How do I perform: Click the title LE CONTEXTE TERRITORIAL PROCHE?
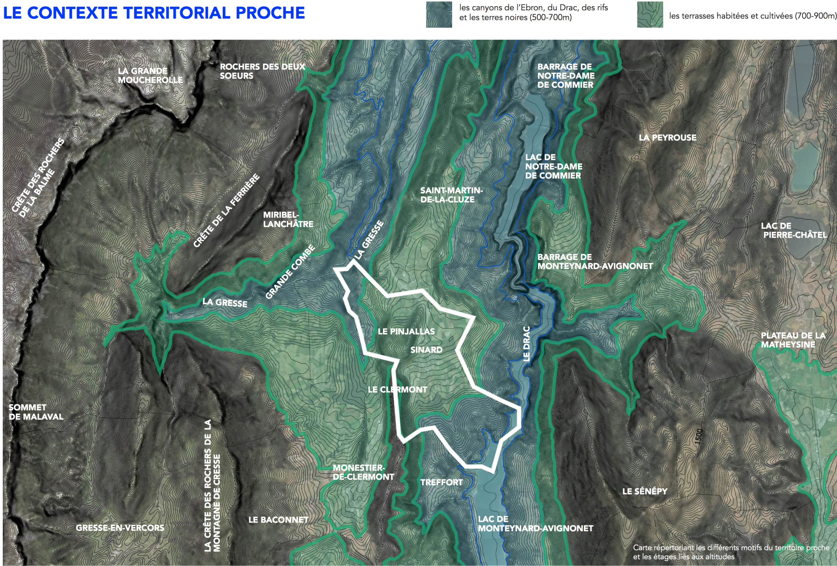tap(154, 13)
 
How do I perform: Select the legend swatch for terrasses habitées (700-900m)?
tap(650, 15)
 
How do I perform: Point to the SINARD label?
tap(426, 350)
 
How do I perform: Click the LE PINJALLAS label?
tap(406, 331)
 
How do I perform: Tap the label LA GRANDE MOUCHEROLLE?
tap(150, 75)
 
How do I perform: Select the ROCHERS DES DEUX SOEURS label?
tap(262, 71)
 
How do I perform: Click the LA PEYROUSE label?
tap(667, 138)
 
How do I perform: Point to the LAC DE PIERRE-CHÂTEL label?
tap(793, 230)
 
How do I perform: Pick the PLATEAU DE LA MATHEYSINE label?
tap(793, 340)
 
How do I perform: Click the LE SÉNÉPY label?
tap(645, 491)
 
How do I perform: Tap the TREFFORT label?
tap(441, 482)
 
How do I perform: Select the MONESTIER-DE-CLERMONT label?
tap(363, 472)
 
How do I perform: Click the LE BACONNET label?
tap(278, 520)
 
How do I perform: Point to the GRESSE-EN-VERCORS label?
tap(120, 528)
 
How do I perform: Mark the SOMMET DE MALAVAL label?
tap(36, 412)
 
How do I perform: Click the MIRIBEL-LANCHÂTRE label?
tap(288, 219)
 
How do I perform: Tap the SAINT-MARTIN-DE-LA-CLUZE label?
tap(451, 195)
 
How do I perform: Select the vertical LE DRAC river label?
tap(526, 343)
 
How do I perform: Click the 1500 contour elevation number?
tap(698, 437)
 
